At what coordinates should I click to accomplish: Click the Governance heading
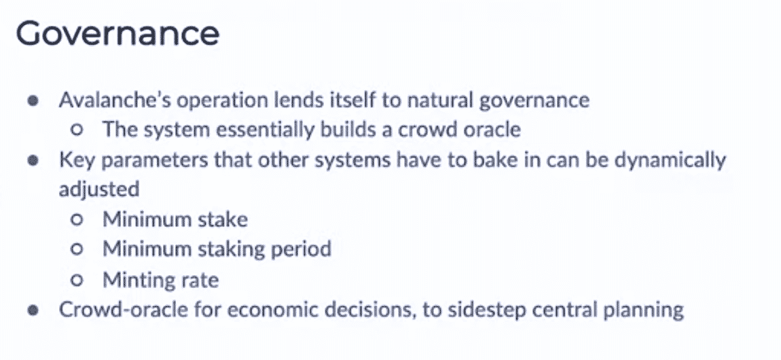click(x=117, y=34)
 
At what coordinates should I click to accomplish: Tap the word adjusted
click(x=98, y=190)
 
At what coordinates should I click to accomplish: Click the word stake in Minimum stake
click(x=225, y=219)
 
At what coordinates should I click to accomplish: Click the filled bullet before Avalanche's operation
click(x=33, y=101)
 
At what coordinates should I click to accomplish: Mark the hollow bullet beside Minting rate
click(x=76, y=281)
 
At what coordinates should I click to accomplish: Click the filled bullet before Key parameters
click(x=33, y=161)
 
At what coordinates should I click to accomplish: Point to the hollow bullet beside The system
click(x=76, y=130)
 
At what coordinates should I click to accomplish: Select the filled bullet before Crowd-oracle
click(x=33, y=310)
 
